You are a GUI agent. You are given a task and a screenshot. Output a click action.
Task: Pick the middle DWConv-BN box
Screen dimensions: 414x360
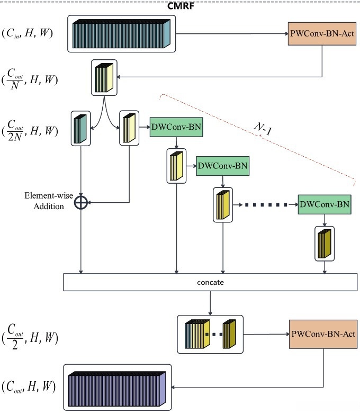(x=222, y=166)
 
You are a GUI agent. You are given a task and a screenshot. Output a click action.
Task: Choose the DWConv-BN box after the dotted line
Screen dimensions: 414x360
(x=325, y=203)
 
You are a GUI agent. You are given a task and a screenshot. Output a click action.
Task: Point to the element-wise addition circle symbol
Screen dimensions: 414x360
(x=80, y=202)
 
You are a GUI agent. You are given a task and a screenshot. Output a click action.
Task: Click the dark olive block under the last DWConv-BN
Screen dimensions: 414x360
(x=324, y=243)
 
